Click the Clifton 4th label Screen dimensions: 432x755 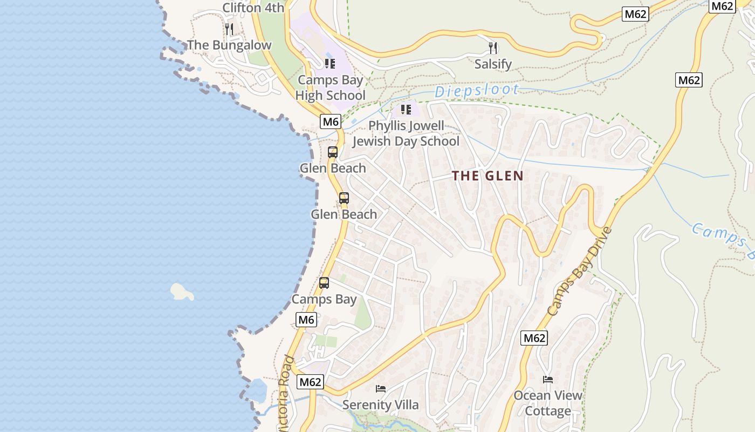click(x=253, y=8)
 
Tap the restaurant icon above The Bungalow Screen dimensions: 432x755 click(x=229, y=29)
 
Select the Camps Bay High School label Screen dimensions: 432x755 click(x=331, y=88)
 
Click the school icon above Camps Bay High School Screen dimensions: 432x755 click(x=330, y=64)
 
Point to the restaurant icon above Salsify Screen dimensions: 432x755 click(x=493, y=48)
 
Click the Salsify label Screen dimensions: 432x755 click(x=493, y=64)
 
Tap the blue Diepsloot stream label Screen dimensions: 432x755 click(x=477, y=91)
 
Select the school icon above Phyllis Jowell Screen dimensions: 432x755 click(x=406, y=110)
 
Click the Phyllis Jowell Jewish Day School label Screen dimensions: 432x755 click(x=406, y=133)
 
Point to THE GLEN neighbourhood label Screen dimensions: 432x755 click(x=488, y=175)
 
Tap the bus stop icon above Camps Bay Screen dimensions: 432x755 click(x=324, y=283)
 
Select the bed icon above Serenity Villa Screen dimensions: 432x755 click(x=381, y=389)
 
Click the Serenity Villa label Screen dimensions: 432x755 click(x=381, y=405)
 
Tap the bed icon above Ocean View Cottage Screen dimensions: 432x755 click(x=548, y=380)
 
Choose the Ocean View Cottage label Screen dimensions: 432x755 click(x=548, y=403)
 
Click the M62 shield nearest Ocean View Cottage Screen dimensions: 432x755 click(x=534, y=339)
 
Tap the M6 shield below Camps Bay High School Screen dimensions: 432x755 click(x=331, y=122)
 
